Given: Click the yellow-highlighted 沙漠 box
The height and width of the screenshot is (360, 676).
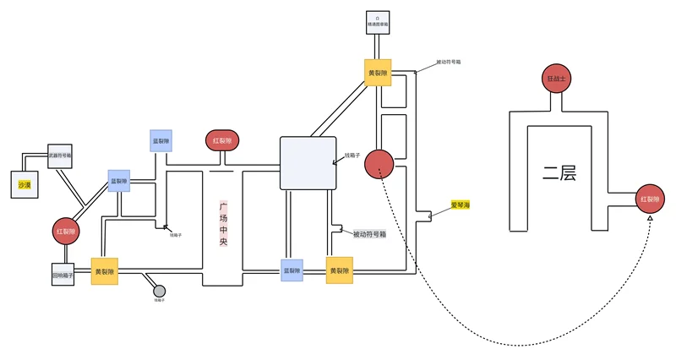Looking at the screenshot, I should [23, 183].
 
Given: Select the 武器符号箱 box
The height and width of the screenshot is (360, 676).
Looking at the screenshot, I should [61, 156].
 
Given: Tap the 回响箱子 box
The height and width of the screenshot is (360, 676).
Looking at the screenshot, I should [63, 275].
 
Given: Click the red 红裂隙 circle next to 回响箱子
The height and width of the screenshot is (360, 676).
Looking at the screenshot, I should [66, 231].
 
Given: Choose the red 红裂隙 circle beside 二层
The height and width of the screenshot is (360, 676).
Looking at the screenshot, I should [650, 199].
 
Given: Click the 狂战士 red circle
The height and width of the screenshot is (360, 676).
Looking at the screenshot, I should [555, 79].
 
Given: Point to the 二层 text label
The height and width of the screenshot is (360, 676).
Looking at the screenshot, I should [559, 174].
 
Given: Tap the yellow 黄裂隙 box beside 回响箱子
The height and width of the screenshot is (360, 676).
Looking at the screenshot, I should [104, 271].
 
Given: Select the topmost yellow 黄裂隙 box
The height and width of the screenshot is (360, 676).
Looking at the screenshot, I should [378, 74].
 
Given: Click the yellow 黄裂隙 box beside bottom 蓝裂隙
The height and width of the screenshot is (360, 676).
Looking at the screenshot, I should [340, 270].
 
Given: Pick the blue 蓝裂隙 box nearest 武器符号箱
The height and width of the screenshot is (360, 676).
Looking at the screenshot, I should [119, 180].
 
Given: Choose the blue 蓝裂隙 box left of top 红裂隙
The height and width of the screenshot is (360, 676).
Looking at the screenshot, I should [161, 139].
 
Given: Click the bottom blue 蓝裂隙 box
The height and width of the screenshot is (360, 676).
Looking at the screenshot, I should [292, 270].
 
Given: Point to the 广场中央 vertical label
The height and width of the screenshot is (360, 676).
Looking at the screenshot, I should [224, 225].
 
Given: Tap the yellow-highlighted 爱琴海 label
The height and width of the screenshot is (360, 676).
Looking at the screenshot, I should [461, 205].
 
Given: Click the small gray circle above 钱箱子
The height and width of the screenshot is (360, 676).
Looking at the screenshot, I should [159, 291].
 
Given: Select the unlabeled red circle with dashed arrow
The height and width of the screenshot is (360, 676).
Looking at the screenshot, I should [379, 164].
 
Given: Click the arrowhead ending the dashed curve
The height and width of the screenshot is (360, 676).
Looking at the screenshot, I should [650, 219].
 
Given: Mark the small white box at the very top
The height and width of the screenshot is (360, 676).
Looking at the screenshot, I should [378, 22].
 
